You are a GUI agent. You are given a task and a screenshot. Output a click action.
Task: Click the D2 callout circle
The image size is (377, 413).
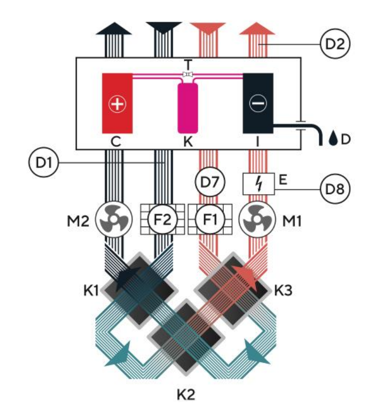[335, 44]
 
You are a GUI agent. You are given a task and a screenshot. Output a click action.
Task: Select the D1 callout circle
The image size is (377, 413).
[43, 162]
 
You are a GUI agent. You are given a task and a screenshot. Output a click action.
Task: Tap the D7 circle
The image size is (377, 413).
[210, 181]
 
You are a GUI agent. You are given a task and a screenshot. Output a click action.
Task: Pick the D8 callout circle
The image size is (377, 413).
[335, 188]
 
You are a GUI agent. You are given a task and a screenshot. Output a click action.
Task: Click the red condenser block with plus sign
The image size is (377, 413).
[117, 103]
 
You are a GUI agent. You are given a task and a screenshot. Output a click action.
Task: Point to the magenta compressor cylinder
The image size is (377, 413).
[188, 108]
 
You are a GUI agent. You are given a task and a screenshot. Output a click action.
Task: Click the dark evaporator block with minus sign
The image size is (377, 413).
[258, 103]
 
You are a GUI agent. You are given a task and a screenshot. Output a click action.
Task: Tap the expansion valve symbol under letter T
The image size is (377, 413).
[188, 75]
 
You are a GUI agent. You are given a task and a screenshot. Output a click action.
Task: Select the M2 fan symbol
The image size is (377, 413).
[114, 219]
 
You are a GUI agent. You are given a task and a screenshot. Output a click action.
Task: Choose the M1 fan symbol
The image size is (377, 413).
[257, 219]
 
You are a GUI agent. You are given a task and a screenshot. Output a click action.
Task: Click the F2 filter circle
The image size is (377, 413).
[163, 219]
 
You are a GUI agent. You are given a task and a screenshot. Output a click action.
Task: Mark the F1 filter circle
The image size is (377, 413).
[210, 219]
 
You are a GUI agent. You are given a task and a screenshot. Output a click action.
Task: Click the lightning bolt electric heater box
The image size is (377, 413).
[259, 184]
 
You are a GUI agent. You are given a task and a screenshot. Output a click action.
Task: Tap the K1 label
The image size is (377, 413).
[91, 291]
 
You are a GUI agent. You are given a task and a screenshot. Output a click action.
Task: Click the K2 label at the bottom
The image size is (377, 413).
[186, 394]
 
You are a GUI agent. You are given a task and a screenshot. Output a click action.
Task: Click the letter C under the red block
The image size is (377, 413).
[116, 142]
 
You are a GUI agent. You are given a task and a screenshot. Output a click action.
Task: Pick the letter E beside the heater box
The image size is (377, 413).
[283, 180]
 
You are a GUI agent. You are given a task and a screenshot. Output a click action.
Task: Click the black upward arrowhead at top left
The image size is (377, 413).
[114, 28]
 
